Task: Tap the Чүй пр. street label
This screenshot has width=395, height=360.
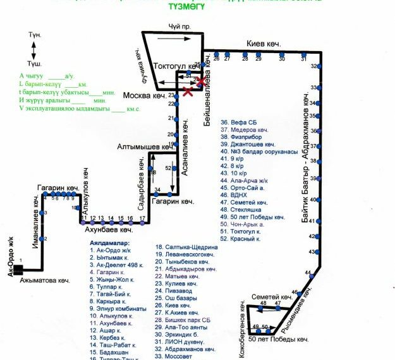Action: (179, 26)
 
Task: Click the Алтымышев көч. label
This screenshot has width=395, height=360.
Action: (142, 147)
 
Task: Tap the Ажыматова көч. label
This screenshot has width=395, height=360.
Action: (45, 279)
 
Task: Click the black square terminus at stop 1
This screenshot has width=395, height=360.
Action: (18, 270)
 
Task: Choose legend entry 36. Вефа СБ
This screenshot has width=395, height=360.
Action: (238, 123)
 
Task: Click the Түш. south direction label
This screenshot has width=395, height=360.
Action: (35, 64)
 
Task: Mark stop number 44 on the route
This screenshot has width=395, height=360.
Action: (308, 273)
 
